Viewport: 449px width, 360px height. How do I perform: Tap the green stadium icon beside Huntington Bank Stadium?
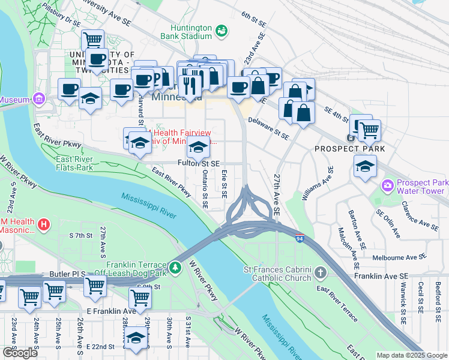tap(221, 30)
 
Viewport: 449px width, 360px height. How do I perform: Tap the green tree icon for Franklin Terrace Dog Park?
tap(175, 267)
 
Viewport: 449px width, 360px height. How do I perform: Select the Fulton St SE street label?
tap(199, 163)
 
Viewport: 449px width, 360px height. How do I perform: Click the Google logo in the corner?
tap(20, 353)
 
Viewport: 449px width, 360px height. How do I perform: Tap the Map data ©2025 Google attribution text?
tap(411, 355)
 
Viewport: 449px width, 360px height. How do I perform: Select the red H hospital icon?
tap(43, 225)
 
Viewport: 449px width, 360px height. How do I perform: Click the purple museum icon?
tap(40, 98)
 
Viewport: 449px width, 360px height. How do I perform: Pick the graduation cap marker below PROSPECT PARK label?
tap(365, 167)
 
